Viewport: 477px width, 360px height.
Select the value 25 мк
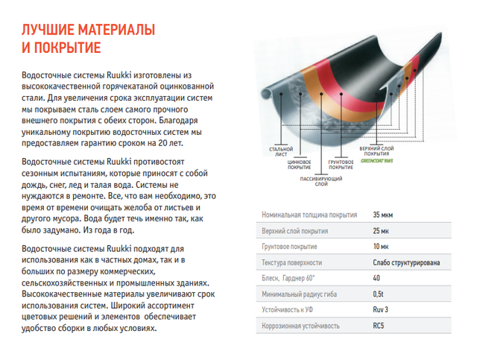381,230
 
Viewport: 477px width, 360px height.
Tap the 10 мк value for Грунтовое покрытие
381,247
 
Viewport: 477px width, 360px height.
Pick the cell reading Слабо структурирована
406,262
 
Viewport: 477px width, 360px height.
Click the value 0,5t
378,294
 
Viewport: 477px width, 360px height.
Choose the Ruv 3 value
381,309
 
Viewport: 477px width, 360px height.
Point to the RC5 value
379,326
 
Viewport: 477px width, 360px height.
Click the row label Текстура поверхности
291,262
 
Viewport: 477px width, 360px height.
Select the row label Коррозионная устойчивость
300,326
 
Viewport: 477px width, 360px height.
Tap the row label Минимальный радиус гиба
300,294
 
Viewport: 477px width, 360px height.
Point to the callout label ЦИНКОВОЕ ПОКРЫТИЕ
300,164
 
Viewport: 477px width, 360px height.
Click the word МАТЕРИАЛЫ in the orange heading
108,30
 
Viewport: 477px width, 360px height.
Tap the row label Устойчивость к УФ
288,309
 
